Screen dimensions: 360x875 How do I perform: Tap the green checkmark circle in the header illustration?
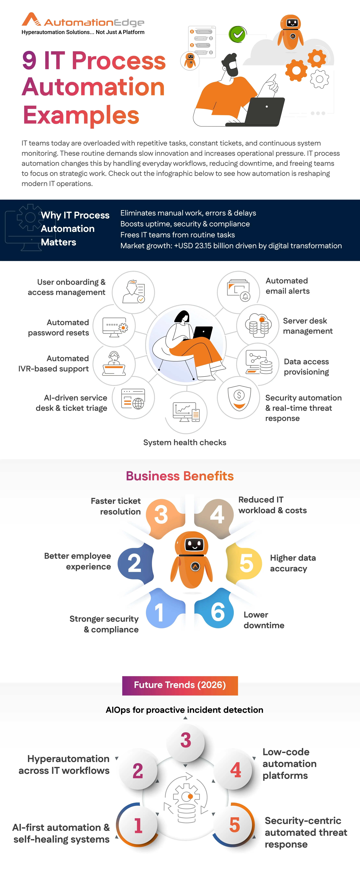pyautogui.click(x=237, y=34)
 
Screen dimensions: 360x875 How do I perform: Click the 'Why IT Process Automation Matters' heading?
pyautogui.click(x=75, y=229)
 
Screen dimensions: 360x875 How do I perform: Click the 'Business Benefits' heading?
pyautogui.click(x=180, y=476)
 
